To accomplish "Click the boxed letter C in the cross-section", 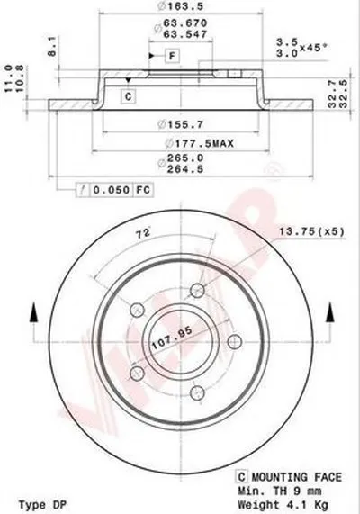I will pos(128,95).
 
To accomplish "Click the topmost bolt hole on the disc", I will pos(197,289).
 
